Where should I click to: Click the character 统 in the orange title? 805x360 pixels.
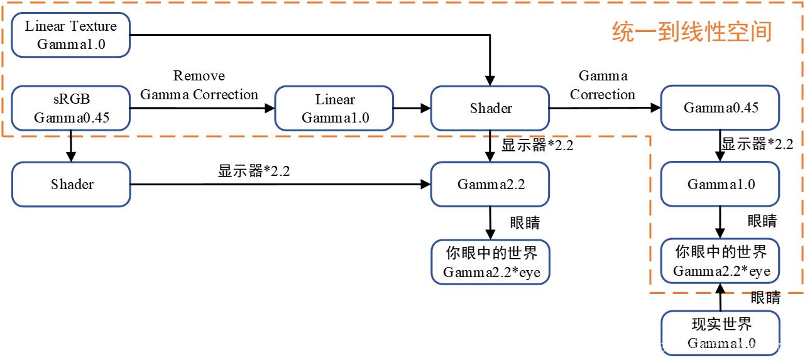[623, 32]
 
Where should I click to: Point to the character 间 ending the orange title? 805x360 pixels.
[762, 32]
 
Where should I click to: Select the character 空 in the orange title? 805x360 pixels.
[738, 32]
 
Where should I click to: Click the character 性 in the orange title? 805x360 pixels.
[716, 32]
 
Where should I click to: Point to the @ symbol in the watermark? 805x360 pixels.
[691, 347]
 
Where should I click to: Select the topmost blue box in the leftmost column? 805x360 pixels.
[70, 35]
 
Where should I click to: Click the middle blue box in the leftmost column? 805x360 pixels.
[70, 108]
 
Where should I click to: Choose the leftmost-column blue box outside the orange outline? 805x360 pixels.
[70, 184]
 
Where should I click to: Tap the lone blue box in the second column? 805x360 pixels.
[334, 108]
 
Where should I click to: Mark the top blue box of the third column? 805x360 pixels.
[490, 108]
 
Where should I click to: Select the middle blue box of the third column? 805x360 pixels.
[490, 184]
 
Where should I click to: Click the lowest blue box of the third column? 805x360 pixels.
[490, 261]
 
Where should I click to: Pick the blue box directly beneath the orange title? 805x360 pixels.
[720, 107]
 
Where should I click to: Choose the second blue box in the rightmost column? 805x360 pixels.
[720, 184]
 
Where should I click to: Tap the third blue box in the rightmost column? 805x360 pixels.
[720, 260]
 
